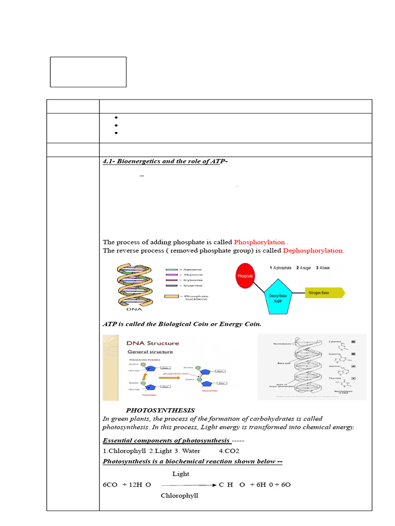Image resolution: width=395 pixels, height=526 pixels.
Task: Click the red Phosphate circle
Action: click(245, 276)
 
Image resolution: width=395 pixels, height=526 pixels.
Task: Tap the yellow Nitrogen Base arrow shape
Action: click(324, 293)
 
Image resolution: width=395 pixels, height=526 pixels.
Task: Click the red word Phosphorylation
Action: click(259, 242)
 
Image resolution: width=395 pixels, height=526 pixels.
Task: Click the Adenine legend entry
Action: click(190, 270)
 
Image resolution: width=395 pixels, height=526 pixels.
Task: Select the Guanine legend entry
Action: click(190, 285)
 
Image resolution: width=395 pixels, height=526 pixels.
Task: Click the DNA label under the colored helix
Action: click(134, 309)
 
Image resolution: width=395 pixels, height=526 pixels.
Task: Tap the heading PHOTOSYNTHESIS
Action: click(160, 410)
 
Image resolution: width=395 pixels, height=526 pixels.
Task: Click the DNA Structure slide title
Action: click(153, 343)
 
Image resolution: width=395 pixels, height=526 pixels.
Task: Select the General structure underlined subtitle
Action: click(150, 352)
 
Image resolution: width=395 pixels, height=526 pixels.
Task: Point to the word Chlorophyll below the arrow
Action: click(179, 496)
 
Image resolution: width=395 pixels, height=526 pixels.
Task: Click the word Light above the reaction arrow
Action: click(181, 474)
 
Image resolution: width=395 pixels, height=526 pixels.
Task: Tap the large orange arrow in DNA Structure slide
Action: click(166, 378)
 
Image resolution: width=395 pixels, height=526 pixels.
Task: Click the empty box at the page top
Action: click(88, 72)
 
